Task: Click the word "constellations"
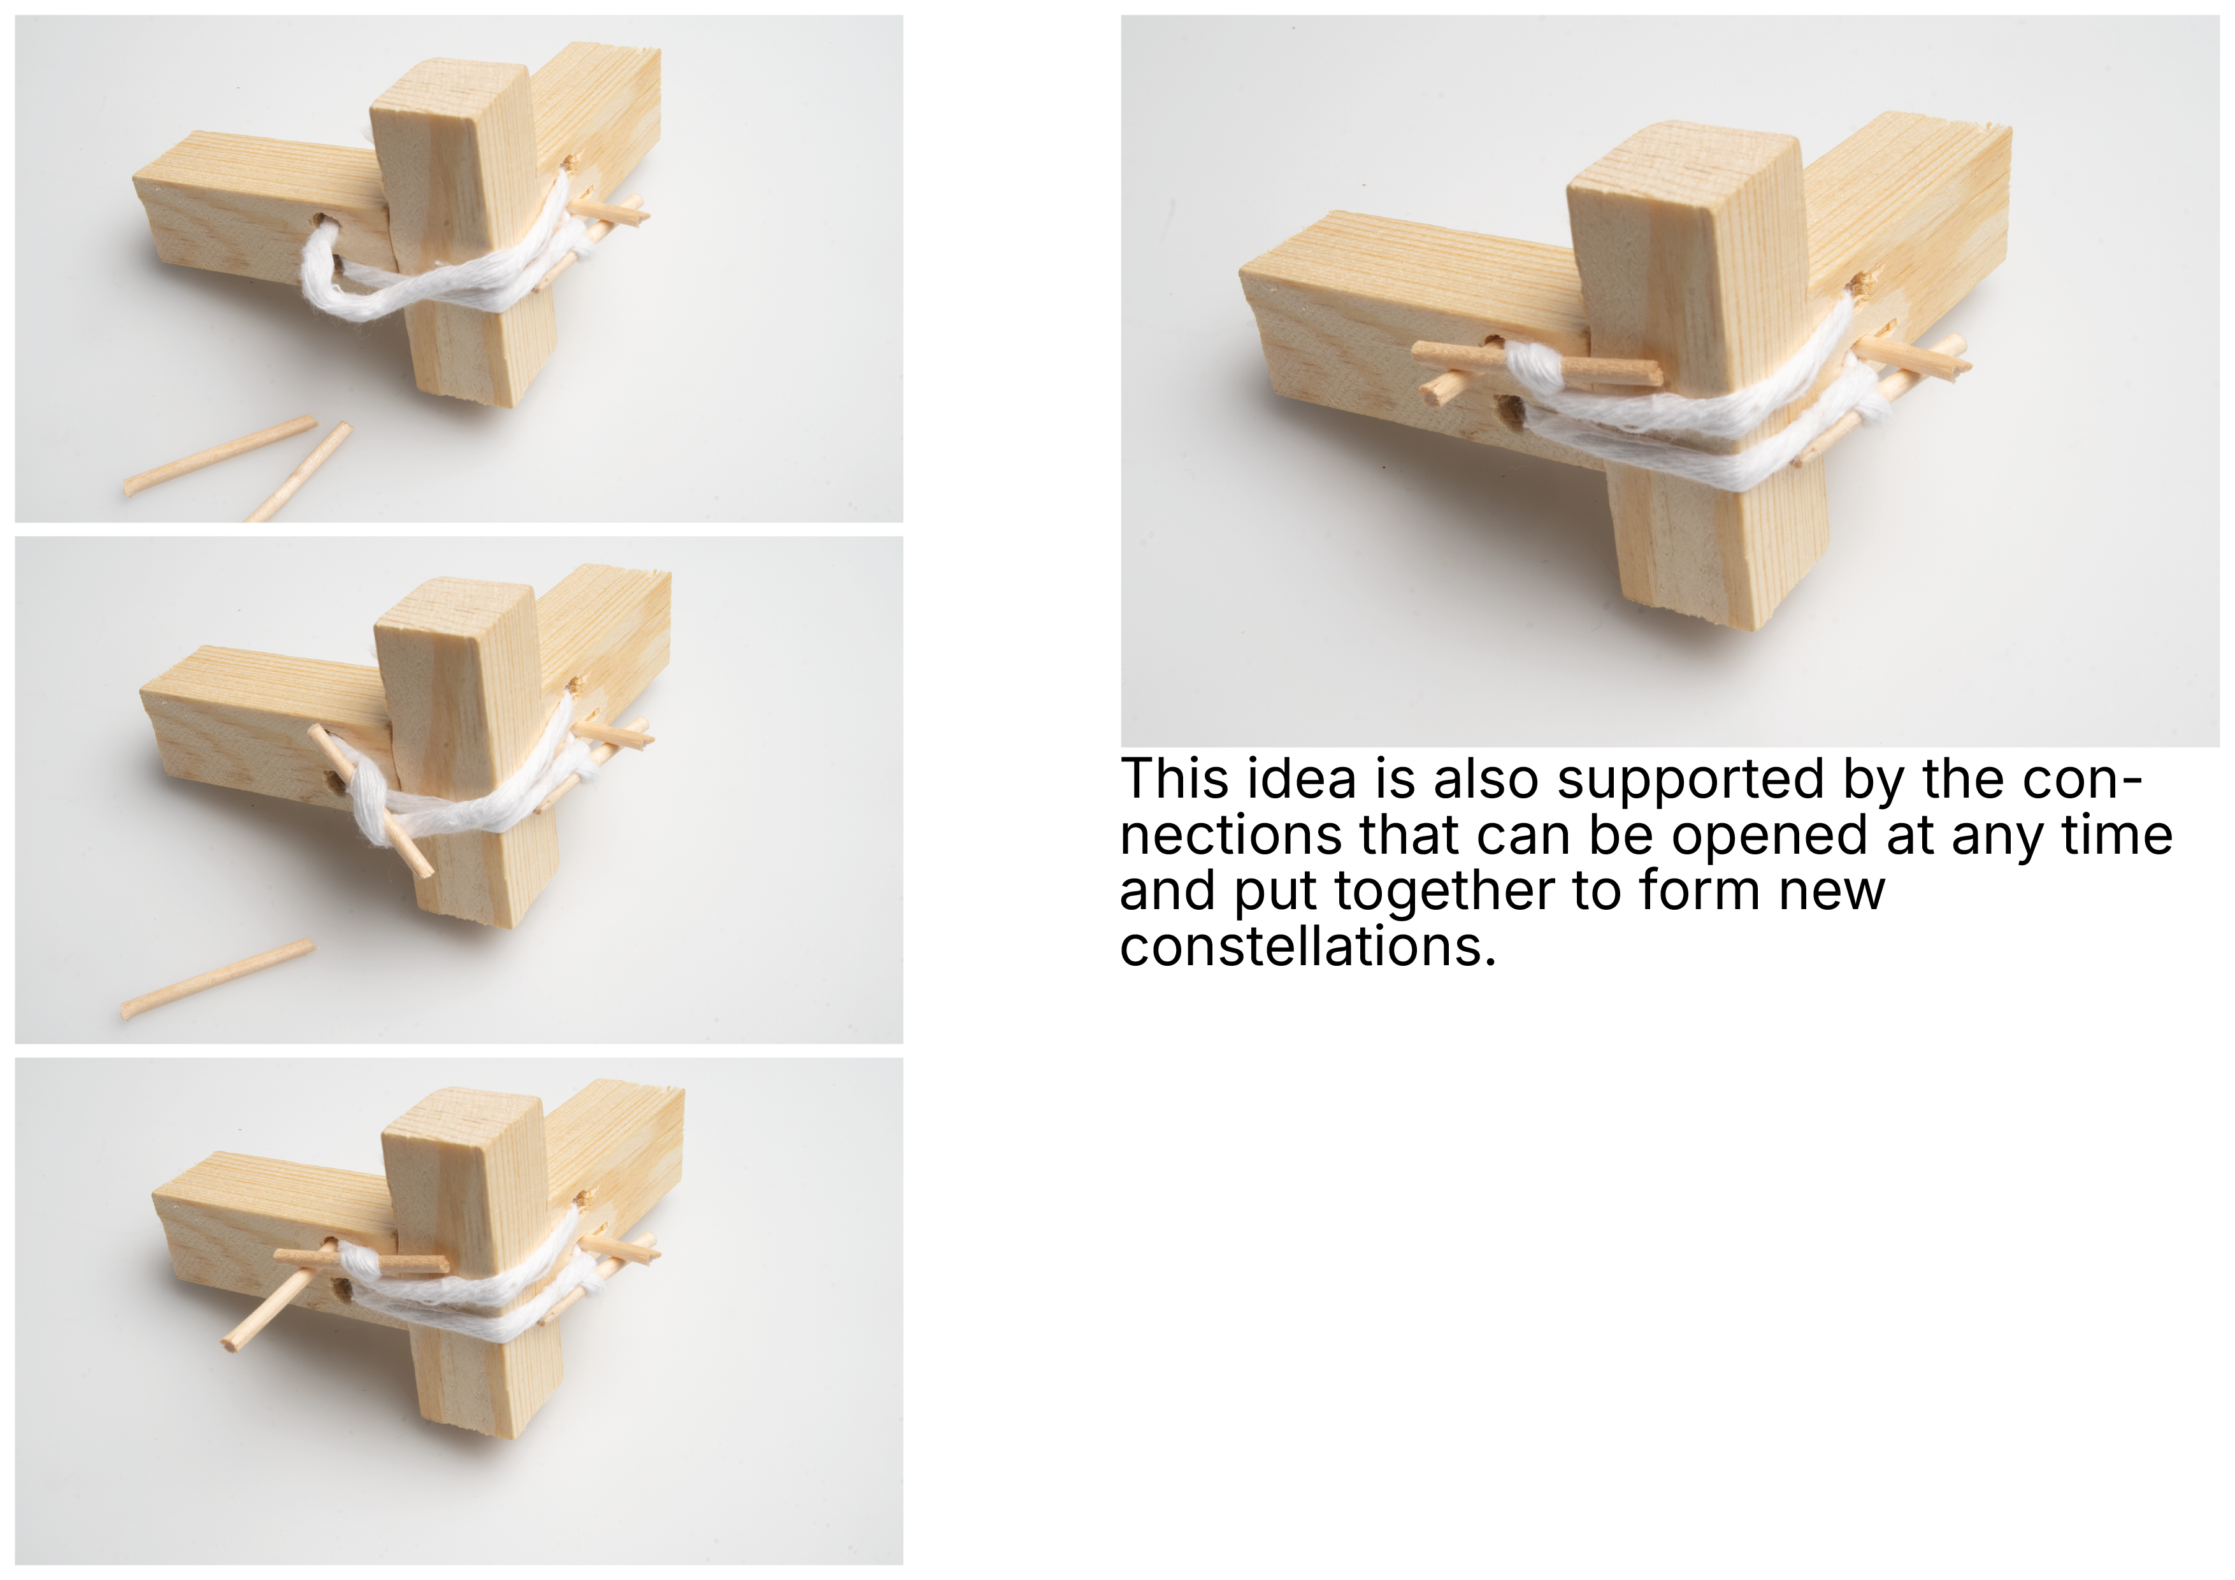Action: click(1307, 946)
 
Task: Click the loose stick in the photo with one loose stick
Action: click(217, 979)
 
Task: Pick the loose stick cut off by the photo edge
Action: click(299, 472)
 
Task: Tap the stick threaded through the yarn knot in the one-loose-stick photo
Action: click(371, 801)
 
